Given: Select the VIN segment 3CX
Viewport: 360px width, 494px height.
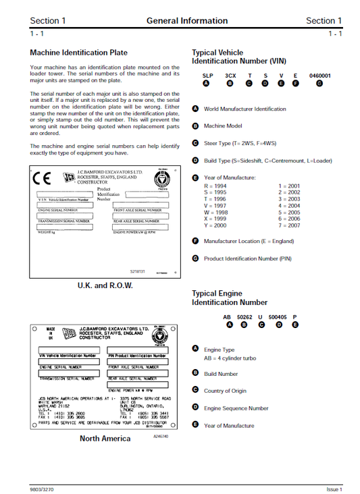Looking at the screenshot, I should coord(230,76).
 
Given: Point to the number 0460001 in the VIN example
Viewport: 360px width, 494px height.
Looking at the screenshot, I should coord(319,76).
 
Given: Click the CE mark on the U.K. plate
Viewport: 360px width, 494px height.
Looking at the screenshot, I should coord(42,180).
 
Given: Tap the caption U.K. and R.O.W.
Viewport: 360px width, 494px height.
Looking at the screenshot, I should coord(105,285).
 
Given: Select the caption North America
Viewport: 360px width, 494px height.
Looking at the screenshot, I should coord(105,438).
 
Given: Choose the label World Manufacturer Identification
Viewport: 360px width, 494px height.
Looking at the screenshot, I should coord(245,109).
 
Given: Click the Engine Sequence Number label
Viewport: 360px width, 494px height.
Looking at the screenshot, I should coord(236,408).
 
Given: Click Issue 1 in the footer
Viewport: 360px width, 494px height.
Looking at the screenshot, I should coord(333,489).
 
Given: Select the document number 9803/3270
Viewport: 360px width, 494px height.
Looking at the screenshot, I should coord(43,489).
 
